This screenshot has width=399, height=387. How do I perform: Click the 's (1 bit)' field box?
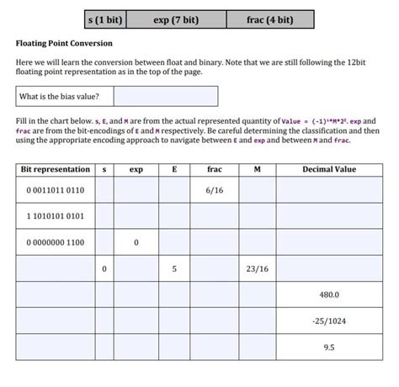pyautogui.click(x=105, y=19)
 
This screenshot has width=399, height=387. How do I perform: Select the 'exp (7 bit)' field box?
pyautogui.click(x=176, y=19)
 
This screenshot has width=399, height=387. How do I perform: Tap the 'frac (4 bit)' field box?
pyautogui.click(x=270, y=19)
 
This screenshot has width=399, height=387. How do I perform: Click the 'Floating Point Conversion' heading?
pyautogui.click(x=64, y=43)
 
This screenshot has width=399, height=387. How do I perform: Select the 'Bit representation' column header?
pyautogui.click(x=55, y=169)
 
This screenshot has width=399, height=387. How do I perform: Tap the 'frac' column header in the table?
pyautogui.click(x=214, y=169)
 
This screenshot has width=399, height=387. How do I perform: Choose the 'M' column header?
pyautogui.click(x=257, y=169)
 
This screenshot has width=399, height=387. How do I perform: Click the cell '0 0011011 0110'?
pyautogui.click(x=56, y=191)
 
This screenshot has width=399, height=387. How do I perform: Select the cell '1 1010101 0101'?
pyautogui.click(x=56, y=216)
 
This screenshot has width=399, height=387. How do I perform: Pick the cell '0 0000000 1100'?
pyautogui.click(x=56, y=242)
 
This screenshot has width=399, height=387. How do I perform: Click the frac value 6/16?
pyautogui.click(x=214, y=191)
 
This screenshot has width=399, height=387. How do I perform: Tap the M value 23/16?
pyautogui.click(x=257, y=269)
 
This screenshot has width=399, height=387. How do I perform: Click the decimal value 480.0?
pyautogui.click(x=329, y=295)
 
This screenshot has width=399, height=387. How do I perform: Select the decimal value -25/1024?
pyautogui.click(x=329, y=321)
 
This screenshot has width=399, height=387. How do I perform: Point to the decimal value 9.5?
pyautogui.click(x=329, y=347)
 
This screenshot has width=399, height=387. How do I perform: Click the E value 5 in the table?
pyautogui.click(x=174, y=269)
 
